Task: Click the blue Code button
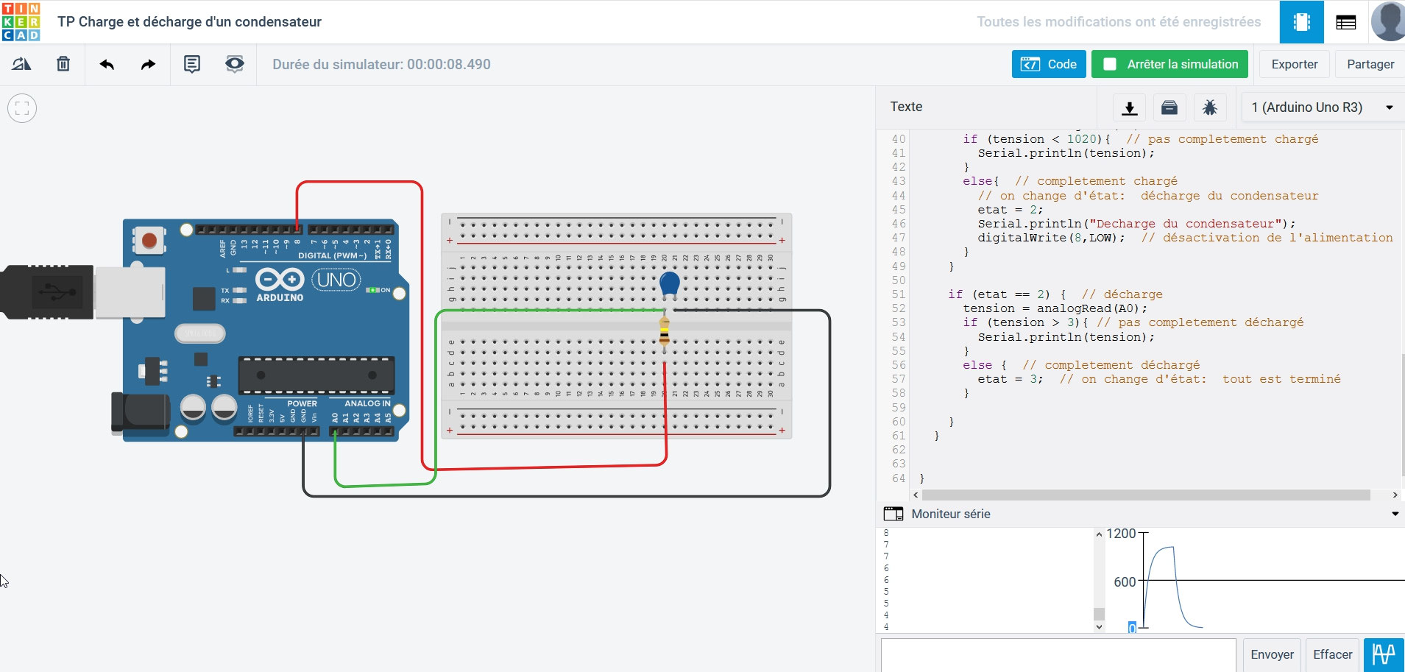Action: [x=1048, y=64]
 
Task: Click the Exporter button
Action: [x=1294, y=64]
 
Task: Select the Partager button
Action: [x=1370, y=64]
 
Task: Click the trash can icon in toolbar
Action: [x=63, y=64]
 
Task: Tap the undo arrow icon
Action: [x=107, y=64]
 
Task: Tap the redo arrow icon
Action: [x=148, y=64]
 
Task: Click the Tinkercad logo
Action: [x=21, y=21]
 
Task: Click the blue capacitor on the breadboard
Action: [x=669, y=283]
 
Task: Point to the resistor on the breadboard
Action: [x=665, y=331]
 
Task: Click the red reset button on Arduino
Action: [x=149, y=240]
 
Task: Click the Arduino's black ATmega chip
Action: [x=316, y=375]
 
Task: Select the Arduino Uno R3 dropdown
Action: [x=1321, y=107]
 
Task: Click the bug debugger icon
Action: [x=1209, y=107]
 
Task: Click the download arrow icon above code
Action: [x=1129, y=107]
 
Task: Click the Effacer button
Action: [x=1332, y=654]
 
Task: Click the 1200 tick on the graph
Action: [x=1121, y=534]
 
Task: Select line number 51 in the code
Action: [x=898, y=294]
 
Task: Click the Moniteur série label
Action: [x=950, y=514]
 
